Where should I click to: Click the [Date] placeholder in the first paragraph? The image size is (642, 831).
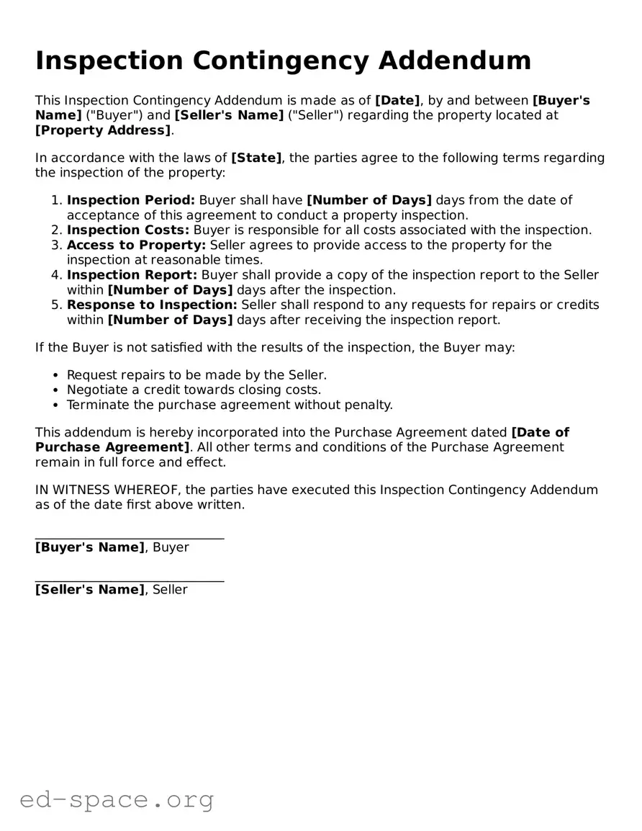click(397, 100)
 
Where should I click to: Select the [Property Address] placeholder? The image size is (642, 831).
click(103, 130)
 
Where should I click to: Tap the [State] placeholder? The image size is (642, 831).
click(256, 158)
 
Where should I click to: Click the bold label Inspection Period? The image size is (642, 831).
click(130, 200)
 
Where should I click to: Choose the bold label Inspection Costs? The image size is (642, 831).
click(128, 230)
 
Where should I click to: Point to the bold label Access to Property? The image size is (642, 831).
click(136, 245)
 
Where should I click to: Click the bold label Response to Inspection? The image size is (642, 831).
click(152, 305)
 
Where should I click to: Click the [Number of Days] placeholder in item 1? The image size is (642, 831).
click(369, 200)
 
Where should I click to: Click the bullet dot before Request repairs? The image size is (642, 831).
click(56, 375)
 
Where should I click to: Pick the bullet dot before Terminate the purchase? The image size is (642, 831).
click(56, 405)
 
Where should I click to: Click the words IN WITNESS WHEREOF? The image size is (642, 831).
click(108, 490)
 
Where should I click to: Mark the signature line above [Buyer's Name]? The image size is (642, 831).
click(130, 538)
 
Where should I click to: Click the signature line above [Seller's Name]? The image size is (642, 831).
click(130, 580)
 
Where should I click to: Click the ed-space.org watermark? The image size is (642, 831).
click(117, 799)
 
